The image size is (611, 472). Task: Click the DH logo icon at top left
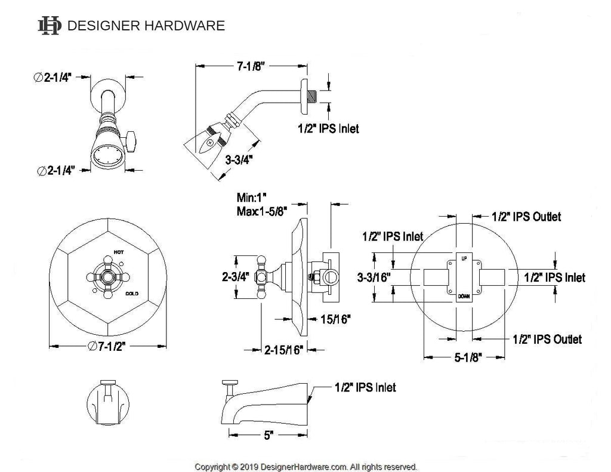click(x=49, y=25)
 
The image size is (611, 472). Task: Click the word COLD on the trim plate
click(x=132, y=294)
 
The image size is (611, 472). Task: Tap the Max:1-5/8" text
click(x=262, y=211)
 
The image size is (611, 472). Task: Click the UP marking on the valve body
click(x=464, y=258)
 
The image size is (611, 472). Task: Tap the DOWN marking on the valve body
click(x=464, y=297)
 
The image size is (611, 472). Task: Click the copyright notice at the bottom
click(x=306, y=466)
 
